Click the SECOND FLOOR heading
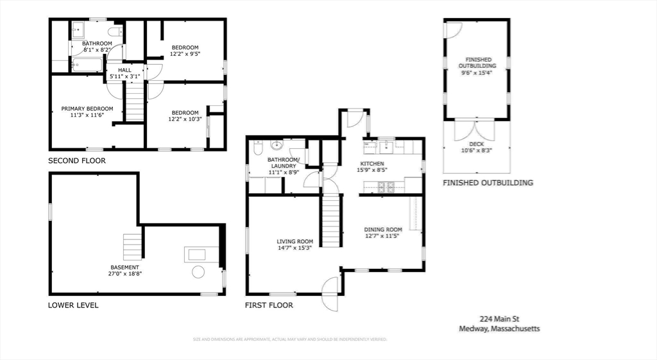(x=77, y=160)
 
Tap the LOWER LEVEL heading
(x=73, y=305)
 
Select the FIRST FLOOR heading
(x=269, y=305)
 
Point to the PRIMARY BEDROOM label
(x=87, y=108)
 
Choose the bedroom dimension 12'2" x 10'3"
(x=185, y=119)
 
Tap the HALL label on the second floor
(x=124, y=69)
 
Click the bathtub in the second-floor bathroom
(x=87, y=64)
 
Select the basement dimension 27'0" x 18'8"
(x=124, y=273)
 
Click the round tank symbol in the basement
(x=198, y=272)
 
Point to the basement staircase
(x=133, y=246)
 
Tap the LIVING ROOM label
(x=295, y=241)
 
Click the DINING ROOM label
(x=383, y=229)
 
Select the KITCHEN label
(x=371, y=164)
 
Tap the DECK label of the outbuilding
(x=476, y=144)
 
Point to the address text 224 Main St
(x=499, y=318)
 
